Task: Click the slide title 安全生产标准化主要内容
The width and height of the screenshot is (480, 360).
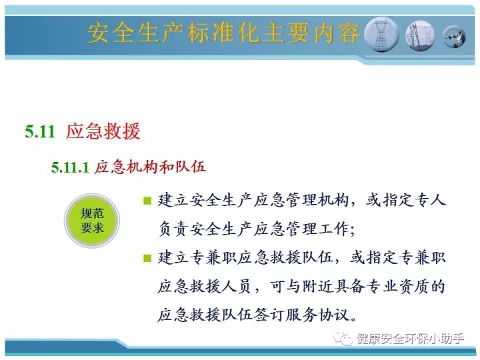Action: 223,33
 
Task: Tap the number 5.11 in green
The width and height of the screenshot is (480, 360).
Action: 40,131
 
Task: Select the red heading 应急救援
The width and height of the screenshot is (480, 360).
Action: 103,131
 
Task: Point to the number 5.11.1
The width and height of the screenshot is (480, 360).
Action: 70,167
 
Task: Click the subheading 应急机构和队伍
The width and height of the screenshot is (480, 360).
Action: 150,167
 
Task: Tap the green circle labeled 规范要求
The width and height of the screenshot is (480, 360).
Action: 92,221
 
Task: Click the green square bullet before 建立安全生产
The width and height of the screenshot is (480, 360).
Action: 147,201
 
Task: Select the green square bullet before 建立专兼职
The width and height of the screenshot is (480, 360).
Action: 147,258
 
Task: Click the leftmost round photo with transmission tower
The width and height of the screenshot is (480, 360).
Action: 381,34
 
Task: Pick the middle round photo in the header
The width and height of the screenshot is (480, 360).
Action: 420,35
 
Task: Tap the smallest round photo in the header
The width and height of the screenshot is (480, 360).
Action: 455,37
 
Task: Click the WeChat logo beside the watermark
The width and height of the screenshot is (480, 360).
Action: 343,339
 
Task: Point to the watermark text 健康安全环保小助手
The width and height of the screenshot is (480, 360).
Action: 410,339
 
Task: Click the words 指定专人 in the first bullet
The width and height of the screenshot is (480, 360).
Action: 414,200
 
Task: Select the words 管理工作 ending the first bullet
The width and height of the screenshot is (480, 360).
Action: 317,229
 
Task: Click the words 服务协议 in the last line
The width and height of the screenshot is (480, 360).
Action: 317,315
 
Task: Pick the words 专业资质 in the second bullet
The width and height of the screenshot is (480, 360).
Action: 397,286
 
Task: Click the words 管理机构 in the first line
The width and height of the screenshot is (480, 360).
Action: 317,200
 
